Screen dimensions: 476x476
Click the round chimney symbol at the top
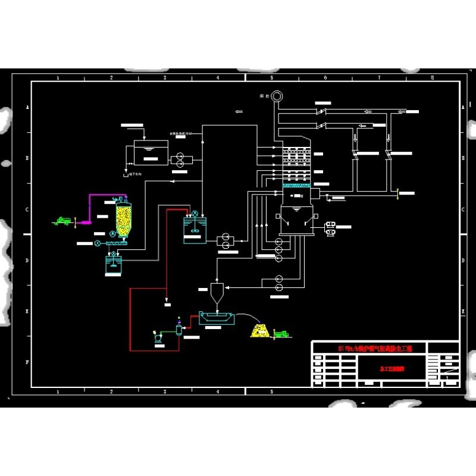pyautogui.click(x=277, y=95)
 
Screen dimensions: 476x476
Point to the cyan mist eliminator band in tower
pyautogui.click(x=296, y=186)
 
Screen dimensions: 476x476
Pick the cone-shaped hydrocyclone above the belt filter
pyautogui.click(x=217, y=292)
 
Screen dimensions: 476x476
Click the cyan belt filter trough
pyautogui.click(x=217, y=318)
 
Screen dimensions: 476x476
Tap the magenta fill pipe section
pyautogui.click(x=89, y=205)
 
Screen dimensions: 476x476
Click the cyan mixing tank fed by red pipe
pyautogui.click(x=195, y=229)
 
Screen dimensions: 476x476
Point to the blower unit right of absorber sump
pyautogui.click(x=329, y=228)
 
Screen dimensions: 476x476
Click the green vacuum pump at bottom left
pyautogui.click(x=158, y=337)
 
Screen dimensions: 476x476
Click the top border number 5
pyautogui.click(x=272, y=78)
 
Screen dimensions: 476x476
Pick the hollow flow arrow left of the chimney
pyautogui.click(x=239, y=111)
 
